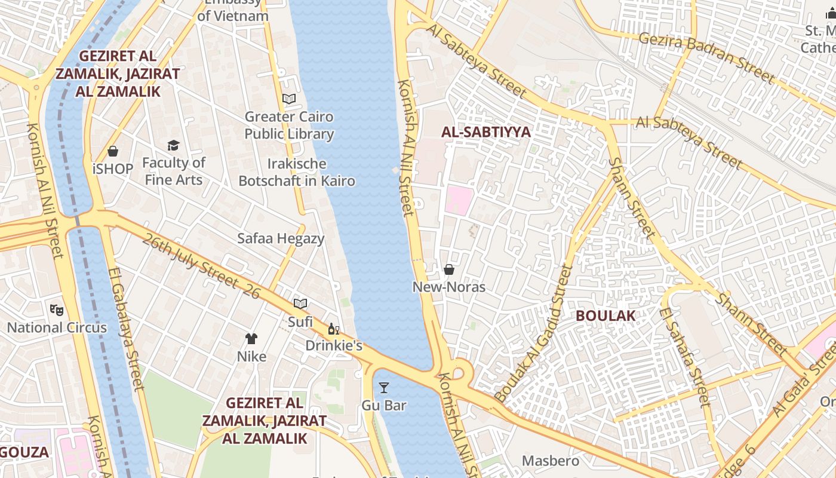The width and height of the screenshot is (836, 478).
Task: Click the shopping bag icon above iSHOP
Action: (113, 151)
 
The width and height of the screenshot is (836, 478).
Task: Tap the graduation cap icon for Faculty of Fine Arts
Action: (174, 145)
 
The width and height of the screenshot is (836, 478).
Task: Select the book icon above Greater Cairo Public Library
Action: (289, 99)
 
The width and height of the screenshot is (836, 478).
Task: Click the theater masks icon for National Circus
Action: (57, 310)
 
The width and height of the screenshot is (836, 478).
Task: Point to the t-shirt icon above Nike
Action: (251, 339)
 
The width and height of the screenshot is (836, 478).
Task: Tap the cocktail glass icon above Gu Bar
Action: (384, 388)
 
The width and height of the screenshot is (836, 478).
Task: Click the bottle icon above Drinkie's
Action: (333, 329)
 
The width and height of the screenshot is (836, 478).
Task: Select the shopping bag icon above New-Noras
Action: (449, 269)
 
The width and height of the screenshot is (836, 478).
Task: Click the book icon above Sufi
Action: (300, 304)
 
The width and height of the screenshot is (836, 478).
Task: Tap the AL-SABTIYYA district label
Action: (486, 132)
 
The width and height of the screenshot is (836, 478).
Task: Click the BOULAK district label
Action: (606, 315)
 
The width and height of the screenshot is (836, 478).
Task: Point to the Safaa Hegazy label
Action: (281, 238)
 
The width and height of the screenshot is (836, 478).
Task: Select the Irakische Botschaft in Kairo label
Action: (297, 172)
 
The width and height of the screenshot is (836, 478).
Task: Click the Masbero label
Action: (551, 461)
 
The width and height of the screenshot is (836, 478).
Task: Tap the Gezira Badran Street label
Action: (706, 57)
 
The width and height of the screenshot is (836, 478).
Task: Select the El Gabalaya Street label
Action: (127, 329)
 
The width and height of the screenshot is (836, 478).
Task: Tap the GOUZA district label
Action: (24, 452)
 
